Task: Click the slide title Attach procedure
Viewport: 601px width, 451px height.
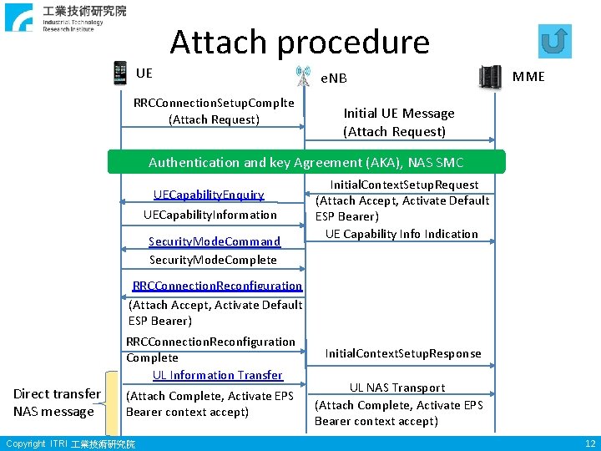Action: pyautogui.click(x=300, y=42)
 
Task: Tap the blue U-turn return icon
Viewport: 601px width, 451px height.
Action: pyautogui.click(x=555, y=40)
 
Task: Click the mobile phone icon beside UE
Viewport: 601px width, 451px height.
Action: pyautogui.click(x=120, y=73)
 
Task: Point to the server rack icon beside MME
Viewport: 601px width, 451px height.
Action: pyautogui.click(x=490, y=77)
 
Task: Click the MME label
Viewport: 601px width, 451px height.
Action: pyautogui.click(x=528, y=77)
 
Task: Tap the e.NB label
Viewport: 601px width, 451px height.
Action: pyautogui.click(x=334, y=79)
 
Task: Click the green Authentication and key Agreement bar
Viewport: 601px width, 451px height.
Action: pyautogui.click(x=306, y=162)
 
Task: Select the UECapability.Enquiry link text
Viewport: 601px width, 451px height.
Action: pyautogui.click(x=209, y=195)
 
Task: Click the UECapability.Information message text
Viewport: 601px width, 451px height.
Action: pyautogui.click(x=210, y=215)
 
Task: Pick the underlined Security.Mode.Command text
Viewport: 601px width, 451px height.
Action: pyautogui.click(x=215, y=241)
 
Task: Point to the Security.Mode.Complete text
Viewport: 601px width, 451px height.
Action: pyautogui.click(x=213, y=260)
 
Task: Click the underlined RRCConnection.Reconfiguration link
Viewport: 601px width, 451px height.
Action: pyautogui.click(x=217, y=286)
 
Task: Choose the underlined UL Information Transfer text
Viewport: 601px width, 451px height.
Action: pyautogui.click(x=218, y=375)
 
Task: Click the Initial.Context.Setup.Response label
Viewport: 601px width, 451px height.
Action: pyautogui.click(x=403, y=353)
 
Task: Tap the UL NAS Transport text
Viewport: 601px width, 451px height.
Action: pyautogui.click(x=397, y=388)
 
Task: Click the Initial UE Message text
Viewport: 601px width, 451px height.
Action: pyautogui.click(x=399, y=114)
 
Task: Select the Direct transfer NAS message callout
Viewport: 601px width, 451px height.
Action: pyautogui.click(x=57, y=403)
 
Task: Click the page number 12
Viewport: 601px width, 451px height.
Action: pyautogui.click(x=590, y=443)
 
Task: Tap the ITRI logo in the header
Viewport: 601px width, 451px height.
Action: pyautogui.click(x=66, y=17)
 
